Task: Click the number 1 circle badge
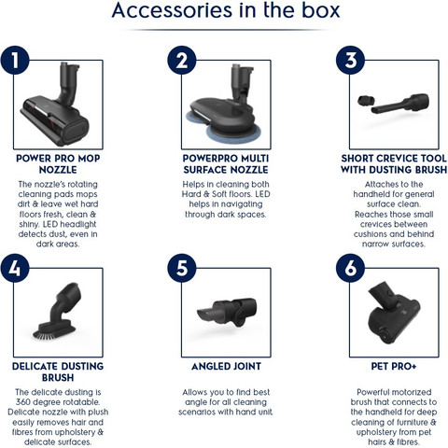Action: [15, 60]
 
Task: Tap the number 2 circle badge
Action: [182, 60]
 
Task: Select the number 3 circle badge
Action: [351, 60]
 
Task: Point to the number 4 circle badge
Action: [15, 268]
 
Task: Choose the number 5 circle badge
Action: [182, 268]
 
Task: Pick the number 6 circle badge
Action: [351, 268]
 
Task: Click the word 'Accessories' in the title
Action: [172, 10]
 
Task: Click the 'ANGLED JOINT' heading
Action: [226, 367]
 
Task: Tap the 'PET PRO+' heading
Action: [394, 367]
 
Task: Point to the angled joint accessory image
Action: [227, 312]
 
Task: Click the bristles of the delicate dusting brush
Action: [54, 333]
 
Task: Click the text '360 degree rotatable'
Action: [58, 402]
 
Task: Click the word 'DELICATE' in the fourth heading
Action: [35, 367]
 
